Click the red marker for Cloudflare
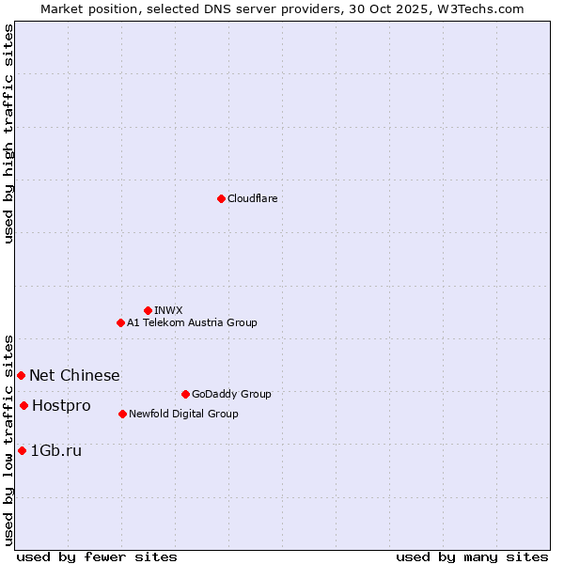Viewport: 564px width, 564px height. click(221, 198)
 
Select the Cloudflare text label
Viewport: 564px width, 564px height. click(252, 198)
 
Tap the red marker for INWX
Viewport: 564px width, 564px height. click(148, 310)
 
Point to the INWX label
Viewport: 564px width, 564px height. click(168, 310)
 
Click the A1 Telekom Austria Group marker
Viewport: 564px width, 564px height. click(120, 322)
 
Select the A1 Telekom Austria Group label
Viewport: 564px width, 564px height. click(192, 322)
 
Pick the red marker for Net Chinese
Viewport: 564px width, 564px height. click(21, 375)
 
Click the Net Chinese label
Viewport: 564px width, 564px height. click(74, 375)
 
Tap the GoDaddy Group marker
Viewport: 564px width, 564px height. click(185, 394)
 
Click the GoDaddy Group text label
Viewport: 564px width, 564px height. click(231, 394)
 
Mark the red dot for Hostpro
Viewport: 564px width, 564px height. click(23, 405)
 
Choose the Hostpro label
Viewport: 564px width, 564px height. click(61, 405)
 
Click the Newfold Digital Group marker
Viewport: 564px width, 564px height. click(122, 414)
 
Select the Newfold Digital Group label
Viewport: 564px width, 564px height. click(183, 414)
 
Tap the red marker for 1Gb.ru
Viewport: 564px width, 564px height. click(22, 450)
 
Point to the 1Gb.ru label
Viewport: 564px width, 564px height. click(56, 450)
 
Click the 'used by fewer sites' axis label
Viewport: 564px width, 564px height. click(97, 556)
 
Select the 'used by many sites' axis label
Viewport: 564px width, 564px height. click(472, 556)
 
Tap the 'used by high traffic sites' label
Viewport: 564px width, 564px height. click(8, 133)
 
